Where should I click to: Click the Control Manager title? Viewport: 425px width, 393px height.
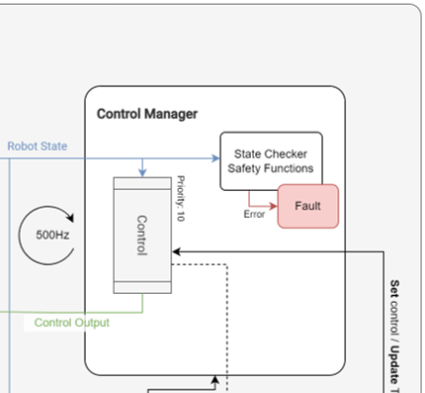coord(147,114)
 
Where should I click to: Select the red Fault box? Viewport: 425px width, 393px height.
coord(307,206)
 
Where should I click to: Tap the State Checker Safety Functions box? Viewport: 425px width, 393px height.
coord(270,160)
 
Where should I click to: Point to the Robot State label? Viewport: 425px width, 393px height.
coord(37,147)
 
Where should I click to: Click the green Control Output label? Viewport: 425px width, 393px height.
coord(72,322)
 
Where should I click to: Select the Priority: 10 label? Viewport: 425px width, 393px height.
coord(180,199)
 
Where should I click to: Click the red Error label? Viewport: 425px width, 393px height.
coord(255,214)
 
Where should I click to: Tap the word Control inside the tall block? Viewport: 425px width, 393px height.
coord(142,236)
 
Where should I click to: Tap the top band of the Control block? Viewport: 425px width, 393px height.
coord(142,184)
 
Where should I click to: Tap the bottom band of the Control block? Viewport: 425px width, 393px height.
coord(142,287)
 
